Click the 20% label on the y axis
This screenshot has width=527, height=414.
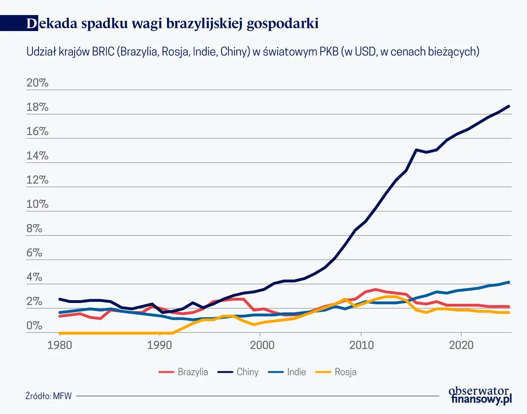click(38, 83)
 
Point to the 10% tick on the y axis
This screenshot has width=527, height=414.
click(38, 205)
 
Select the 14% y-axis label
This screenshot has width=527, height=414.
click(38, 156)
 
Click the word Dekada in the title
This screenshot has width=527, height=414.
click(52, 24)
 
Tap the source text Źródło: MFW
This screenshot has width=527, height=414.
click(49, 396)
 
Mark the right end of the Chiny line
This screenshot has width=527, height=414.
click(510, 106)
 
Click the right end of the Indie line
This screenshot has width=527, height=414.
click(510, 282)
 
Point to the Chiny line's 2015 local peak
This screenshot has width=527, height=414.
click(416, 150)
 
